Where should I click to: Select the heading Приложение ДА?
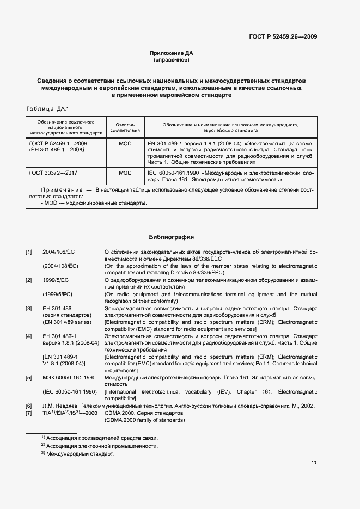[x=172, y=53]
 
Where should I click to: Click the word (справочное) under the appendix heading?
[x=172, y=60]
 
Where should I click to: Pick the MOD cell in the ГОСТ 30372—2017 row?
[x=125, y=173]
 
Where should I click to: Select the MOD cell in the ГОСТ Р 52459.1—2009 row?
[x=125, y=143]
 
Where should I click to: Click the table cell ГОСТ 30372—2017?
[x=53, y=173]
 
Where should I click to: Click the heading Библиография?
[x=172, y=237]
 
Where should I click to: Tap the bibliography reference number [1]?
[x=29, y=252]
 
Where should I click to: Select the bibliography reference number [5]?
[x=29, y=377]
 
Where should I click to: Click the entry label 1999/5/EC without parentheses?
[x=56, y=280]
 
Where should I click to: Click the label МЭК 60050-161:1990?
[x=69, y=377]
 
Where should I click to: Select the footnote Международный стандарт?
[x=80, y=454]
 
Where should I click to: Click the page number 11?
[x=314, y=463]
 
